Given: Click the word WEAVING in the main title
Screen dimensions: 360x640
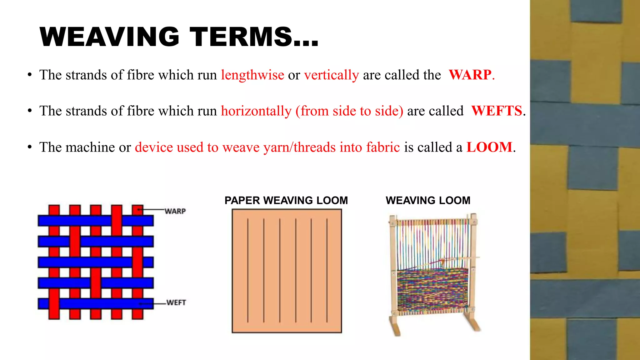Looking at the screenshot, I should pos(110,37).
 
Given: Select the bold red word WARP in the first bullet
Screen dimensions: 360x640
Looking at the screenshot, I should pos(470,75).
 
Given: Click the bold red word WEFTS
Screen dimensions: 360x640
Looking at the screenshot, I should pos(497,111).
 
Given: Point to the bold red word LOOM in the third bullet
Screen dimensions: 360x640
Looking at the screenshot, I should pos(489,147).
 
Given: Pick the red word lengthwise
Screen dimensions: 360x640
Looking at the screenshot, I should pos(252,75).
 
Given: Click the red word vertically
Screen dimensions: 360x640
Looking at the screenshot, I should pos(332,75).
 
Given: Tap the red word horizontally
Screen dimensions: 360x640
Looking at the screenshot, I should pos(256,111).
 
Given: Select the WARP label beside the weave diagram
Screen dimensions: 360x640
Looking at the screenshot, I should pos(175,212).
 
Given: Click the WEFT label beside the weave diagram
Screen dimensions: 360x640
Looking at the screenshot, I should pos(176,302).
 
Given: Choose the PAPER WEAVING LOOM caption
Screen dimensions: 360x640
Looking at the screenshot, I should pos(286,200).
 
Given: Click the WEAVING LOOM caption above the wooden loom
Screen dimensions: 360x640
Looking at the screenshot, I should pos(428,200).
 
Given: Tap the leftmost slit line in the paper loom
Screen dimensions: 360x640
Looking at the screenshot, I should pos(248,270).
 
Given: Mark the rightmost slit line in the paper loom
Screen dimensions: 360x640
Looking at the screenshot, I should pos(327,270).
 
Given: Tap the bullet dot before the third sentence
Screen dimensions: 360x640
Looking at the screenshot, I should pos(30,147).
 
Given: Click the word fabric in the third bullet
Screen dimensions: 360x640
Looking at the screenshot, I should pos(383,147).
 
